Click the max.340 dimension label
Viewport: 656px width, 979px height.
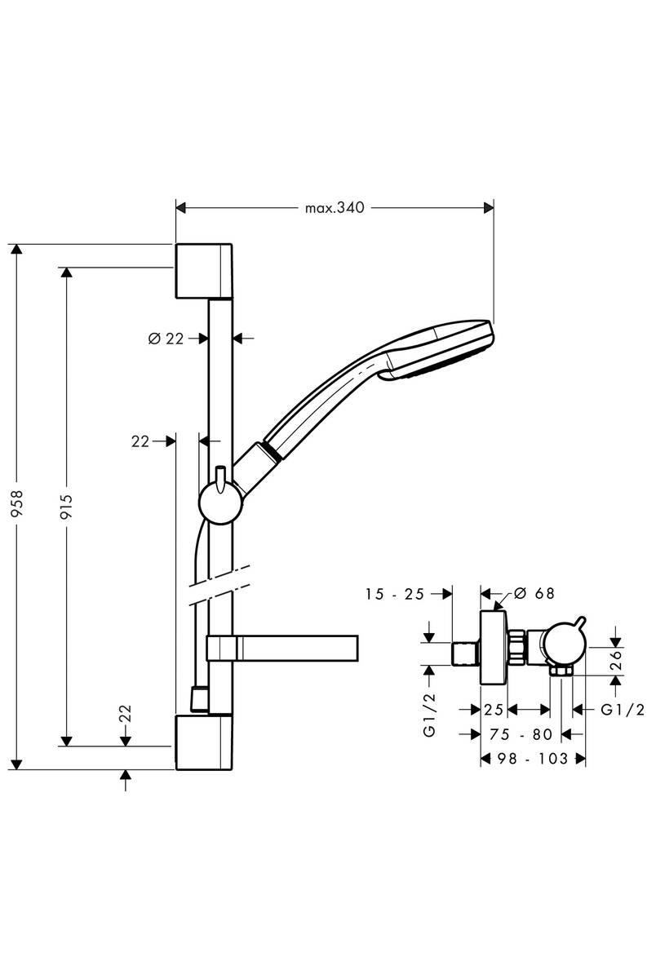pos(334,208)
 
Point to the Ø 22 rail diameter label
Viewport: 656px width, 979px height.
pos(166,339)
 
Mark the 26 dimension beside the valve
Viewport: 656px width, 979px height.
pos(617,658)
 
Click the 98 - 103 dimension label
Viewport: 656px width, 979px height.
pos(533,759)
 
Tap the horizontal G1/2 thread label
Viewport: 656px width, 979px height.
pos(622,710)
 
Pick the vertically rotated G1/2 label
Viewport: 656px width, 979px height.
pos(430,715)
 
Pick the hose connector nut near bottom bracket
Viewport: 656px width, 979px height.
pos(197,698)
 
